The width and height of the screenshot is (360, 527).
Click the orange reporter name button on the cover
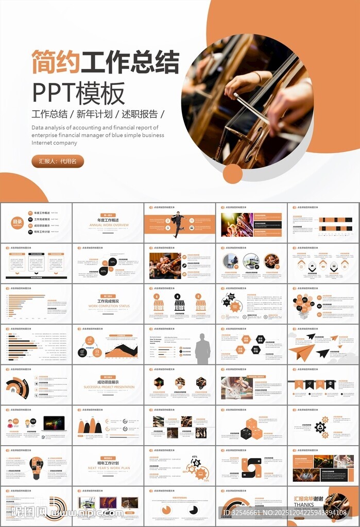tap(58, 161)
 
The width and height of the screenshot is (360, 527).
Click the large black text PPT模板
tap(79, 94)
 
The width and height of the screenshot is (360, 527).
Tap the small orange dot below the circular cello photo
tap(233, 173)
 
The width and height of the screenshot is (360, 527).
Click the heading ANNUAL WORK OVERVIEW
tap(109, 225)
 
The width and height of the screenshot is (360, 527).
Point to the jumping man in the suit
tap(178, 224)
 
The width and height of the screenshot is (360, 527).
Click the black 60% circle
tap(104, 271)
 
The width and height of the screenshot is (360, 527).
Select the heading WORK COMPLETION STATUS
tap(109, 306)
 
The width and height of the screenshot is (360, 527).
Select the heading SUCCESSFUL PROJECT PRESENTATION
tap(109, 387)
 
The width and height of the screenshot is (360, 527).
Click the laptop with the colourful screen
tap(54, 423)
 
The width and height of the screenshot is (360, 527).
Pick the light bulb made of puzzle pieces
tap(36, 466)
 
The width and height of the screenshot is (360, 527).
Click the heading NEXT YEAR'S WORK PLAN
tap(109, 468)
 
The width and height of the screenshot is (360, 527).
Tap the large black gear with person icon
tap(320, 427)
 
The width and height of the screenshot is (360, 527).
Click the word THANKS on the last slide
tap(304, 505)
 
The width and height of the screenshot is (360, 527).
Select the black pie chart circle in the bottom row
tap(194, 510)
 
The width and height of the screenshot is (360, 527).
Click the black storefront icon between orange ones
tap(179, 305)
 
